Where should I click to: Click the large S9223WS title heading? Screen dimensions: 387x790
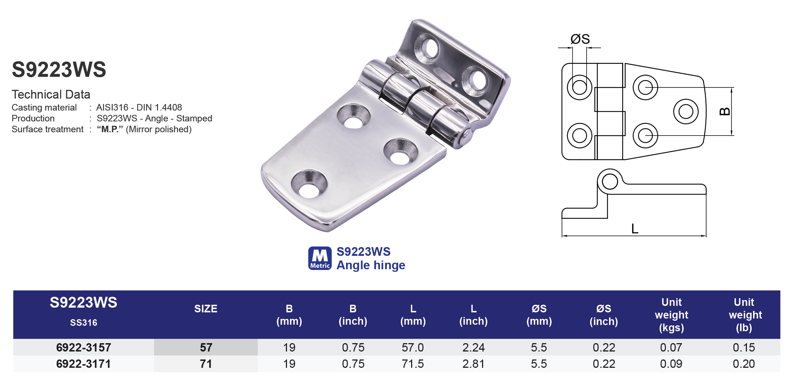click(59, 70)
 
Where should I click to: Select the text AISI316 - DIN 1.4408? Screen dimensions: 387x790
click(139, 108)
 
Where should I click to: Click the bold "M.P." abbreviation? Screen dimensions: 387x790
click(110, 129)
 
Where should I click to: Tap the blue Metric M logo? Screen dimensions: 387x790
click(320, 258)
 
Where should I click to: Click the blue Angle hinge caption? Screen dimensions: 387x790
click(371, 265)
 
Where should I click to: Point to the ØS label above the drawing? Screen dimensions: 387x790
click(580, 39)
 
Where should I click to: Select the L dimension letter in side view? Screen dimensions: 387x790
click(635, 229)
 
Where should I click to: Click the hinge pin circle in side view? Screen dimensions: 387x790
click(610, 182)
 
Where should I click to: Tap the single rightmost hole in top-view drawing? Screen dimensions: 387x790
click(685, 112)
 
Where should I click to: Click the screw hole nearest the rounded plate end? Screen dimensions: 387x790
click(309, 185)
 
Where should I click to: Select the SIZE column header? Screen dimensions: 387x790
click(206, 309)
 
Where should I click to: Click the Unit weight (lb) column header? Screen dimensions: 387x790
click(745, 315)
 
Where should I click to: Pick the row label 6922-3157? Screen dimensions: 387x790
click(84, 348)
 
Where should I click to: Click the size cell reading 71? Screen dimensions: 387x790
click(206, 364)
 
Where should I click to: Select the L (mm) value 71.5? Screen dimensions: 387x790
click(413, 364)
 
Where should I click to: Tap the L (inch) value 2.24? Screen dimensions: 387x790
click(473, 348)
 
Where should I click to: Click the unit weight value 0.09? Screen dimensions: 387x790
click(671, 364)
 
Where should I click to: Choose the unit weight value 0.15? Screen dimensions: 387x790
click(744, 348)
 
